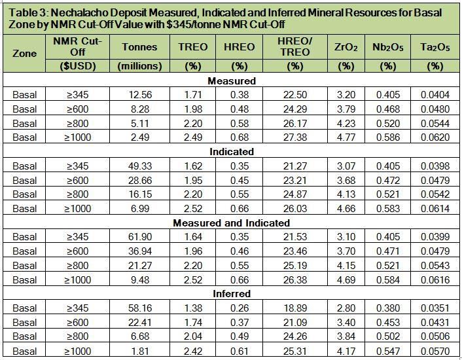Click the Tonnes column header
139,47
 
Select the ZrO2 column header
345,47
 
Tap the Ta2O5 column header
435,47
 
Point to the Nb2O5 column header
388,47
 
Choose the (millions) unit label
139,66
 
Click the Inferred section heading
231,294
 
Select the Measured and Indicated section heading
231,223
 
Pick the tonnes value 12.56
139,94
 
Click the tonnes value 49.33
139,165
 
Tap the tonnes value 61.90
139,236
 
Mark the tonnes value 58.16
139,307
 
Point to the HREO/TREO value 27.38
295,137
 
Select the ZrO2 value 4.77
345,137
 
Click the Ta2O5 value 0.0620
435,137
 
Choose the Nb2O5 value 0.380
388,307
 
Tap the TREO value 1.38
193,307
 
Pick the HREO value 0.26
240,307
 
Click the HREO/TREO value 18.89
295,307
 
